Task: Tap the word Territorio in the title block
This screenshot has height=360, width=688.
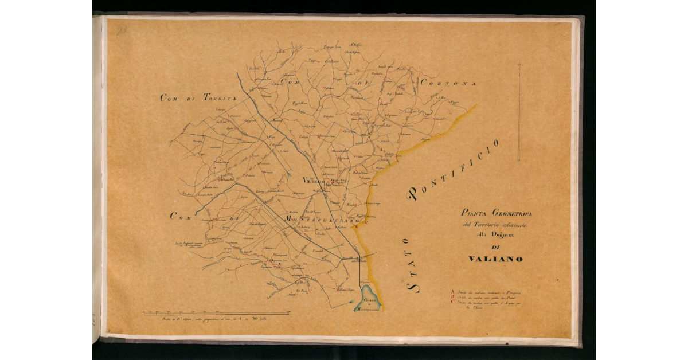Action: click(x=492, y=224)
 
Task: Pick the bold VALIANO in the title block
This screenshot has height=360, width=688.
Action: click(x=495, y=259)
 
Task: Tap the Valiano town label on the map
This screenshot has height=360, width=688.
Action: click(x=314, y=180)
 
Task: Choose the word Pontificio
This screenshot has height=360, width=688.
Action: click(x=453, y=170)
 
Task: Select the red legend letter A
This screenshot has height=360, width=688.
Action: click(x=453, y=292)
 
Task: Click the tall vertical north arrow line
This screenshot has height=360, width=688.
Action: click(x=518, y=112)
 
